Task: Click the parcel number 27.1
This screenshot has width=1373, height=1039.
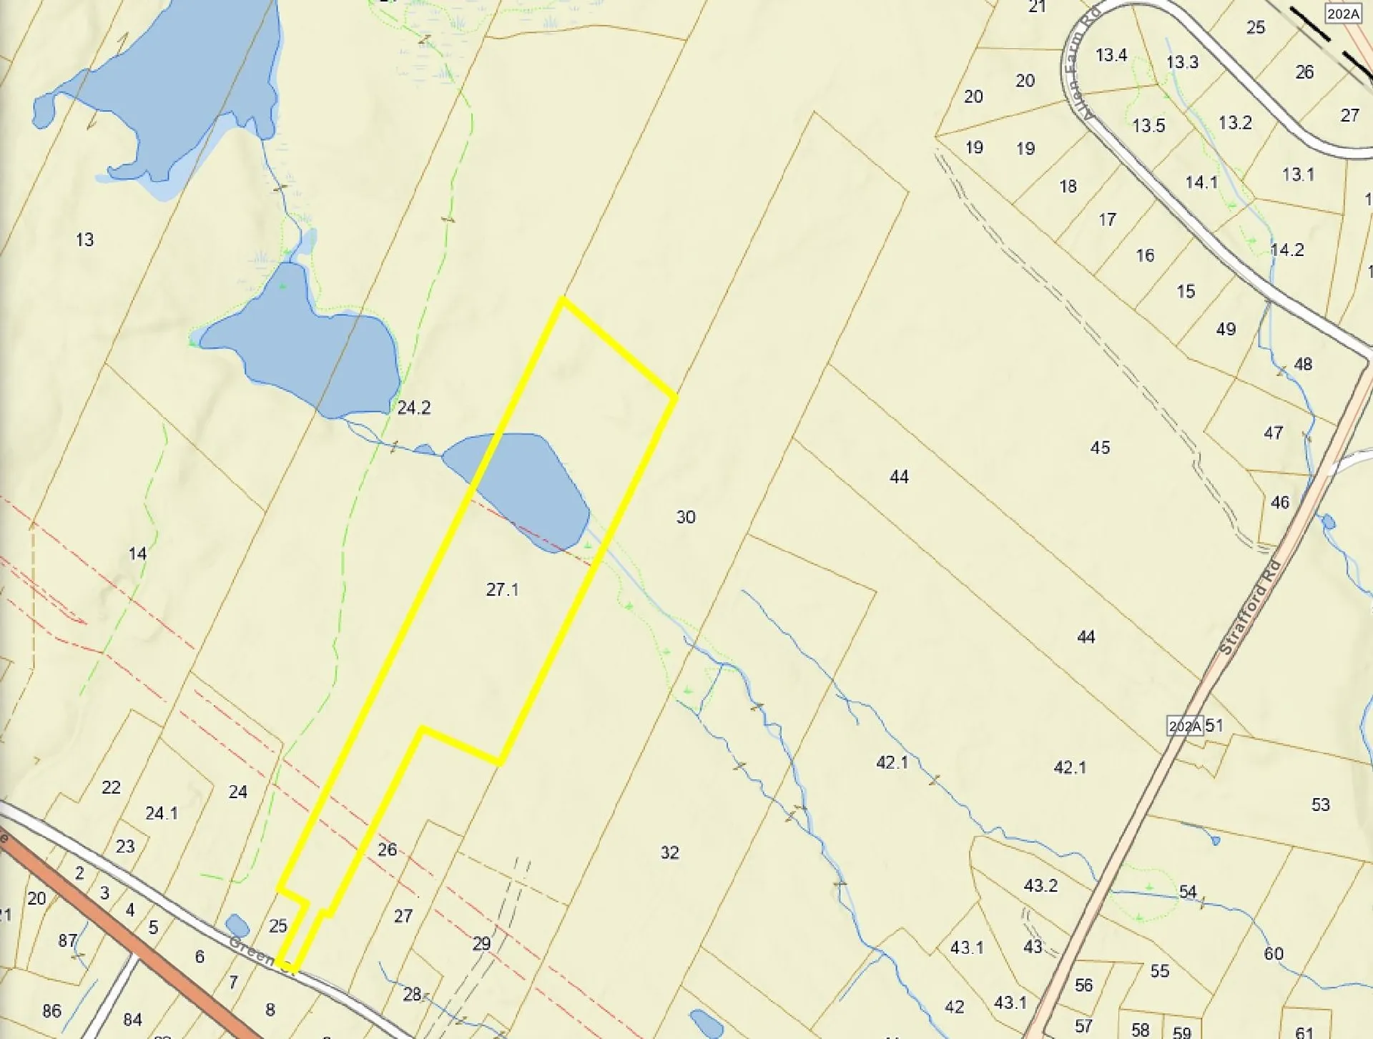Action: point(502,589)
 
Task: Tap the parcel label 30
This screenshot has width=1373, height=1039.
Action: point(685,517)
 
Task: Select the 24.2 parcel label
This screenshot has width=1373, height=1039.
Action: point(413,408)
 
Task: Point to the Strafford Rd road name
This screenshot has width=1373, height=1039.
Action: point(1249,608)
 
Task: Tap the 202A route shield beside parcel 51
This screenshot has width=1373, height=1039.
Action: point(1184,726)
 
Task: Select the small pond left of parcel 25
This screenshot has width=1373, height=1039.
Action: point(237,925)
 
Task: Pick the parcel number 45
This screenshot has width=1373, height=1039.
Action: point(1100,448)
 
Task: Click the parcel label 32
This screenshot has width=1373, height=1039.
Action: point(669,852)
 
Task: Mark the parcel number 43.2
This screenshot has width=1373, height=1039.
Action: point(1040,885)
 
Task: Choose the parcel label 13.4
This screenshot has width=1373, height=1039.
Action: point(1111,55)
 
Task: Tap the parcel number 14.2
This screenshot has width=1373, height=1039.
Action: point(1286,250)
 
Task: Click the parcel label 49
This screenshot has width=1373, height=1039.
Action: point(1226,329)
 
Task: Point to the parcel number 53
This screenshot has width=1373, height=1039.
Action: point(1320,804)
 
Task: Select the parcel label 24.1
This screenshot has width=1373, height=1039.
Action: point(162,813)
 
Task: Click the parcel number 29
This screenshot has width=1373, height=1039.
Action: point(481,944)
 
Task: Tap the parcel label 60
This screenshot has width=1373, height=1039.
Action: point(1273,953)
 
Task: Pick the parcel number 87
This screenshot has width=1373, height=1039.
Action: point(67,940)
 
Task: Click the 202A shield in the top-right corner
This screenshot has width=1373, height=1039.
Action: point(1342,14)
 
